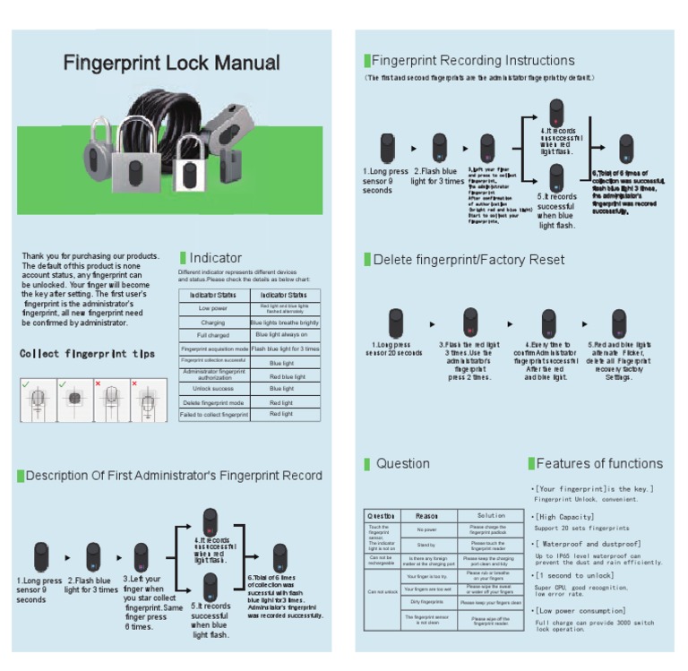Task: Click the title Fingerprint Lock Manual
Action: [171, 64]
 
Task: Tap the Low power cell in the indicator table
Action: [213, 308]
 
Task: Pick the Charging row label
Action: [213, 323]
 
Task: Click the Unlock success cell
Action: [213, 389]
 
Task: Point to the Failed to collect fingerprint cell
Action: [213, 415]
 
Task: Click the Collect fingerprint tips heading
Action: [87, 354]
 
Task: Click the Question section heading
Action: [402, 464]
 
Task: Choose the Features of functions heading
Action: [598, 464]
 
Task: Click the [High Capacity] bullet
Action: [565, 517]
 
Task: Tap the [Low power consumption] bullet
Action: [581, 610]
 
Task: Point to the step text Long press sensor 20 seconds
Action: [393, 348]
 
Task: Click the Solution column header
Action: [491, 516]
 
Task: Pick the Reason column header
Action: [426, 516]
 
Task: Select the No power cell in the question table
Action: [426, 530]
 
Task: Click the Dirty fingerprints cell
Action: [426, 602]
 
